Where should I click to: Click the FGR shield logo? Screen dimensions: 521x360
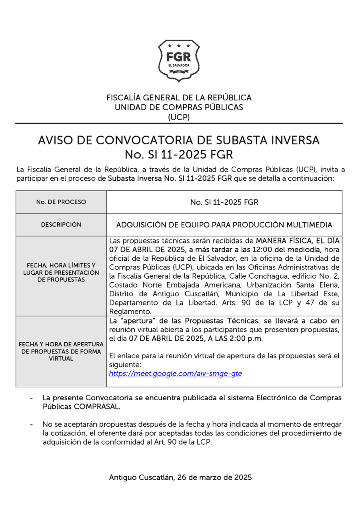178,61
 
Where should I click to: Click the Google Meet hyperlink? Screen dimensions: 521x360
176,374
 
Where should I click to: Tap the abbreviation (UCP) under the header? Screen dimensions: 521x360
179,117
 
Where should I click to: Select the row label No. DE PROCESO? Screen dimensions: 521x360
61,202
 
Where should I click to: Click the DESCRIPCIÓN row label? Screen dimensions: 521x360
61,225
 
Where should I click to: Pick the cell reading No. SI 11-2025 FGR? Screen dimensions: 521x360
224,202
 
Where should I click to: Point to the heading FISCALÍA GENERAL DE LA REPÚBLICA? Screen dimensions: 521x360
179,98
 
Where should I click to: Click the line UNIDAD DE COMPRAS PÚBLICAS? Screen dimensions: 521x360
179,107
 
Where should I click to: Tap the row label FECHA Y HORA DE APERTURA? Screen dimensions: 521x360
61,344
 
